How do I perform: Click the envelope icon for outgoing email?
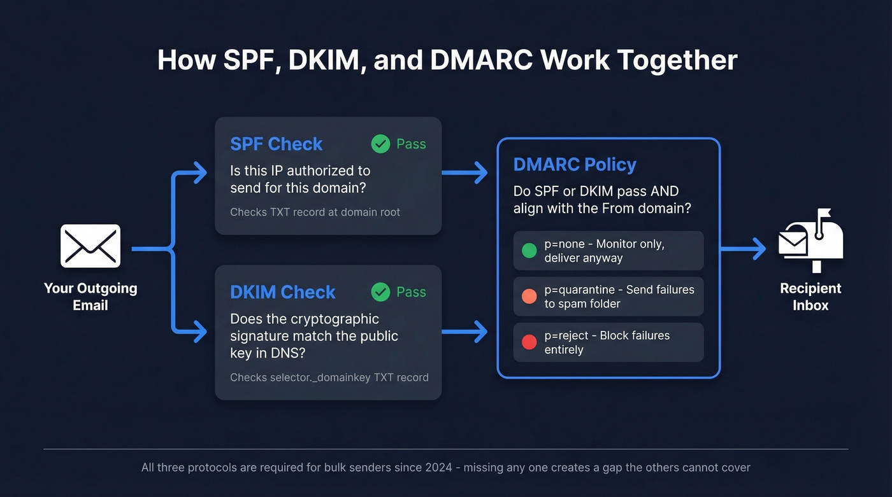[x=90, y=246]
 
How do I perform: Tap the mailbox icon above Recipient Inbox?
[x=810, y=239]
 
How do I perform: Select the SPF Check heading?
[x=276, y=144]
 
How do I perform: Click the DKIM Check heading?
[x=282, y=292]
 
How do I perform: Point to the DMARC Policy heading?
[x=575, y=164]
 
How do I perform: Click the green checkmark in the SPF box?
[x=380, y=144]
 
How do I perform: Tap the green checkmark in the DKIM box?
[x=380, y=292]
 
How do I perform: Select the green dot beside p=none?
[x=529, y=251]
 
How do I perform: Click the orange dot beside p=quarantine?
[x=529, y=297]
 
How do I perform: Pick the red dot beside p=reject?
[x=529, y=342]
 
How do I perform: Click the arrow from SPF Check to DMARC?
[x=464, y=172]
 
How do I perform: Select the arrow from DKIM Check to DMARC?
[x=464, y=331]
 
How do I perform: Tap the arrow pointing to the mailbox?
[x=743, y=249]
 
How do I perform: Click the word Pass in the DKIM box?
[x=411, y=292]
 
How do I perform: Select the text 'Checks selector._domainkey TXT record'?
[x=329, y=377]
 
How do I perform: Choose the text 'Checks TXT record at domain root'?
[x=315, y=212]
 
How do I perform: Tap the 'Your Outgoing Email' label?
[x=90, y=297]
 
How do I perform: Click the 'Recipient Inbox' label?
[x=810, y=297]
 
